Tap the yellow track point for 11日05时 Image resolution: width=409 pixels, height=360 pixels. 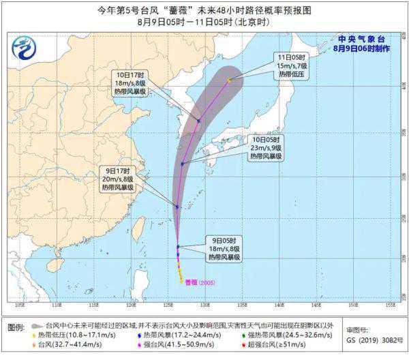229,80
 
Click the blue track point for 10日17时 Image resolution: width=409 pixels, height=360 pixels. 198,121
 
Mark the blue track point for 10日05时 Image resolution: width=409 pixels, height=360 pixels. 182,164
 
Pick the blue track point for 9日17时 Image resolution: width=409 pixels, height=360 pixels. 177,207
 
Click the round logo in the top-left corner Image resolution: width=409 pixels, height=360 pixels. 23,48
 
